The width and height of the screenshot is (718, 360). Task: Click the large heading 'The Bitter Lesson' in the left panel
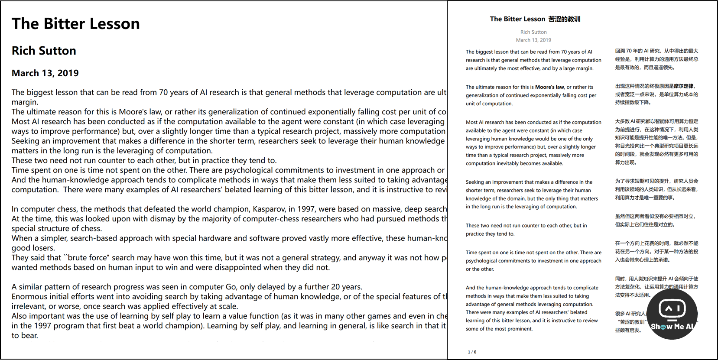[x=76, y=24]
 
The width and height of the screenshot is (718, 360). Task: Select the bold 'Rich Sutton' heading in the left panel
[x=44, y=51]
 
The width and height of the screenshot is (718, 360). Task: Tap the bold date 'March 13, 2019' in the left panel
[x=45, y=73]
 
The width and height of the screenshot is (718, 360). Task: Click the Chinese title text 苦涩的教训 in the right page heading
[x=564, y=19]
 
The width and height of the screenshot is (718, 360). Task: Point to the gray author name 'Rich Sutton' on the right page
[x=533, y=32]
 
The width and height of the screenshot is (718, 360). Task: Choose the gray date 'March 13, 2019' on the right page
[x=533, y=40]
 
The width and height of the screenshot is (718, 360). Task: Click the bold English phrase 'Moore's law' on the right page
[x=549, y=87]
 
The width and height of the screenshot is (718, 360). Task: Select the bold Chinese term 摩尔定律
[x=683, y=86]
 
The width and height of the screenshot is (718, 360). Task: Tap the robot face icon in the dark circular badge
[x=672, y=308]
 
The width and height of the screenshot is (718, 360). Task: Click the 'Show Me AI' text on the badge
[x=672, y=327]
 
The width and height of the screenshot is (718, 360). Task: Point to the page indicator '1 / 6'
[x=472, y=352]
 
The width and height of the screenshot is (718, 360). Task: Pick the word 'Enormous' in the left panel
[x=29, y=297]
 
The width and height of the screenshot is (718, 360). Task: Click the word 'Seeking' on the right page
[x=474, y=182]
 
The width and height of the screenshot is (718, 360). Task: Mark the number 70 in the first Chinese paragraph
[x=629, y=51]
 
